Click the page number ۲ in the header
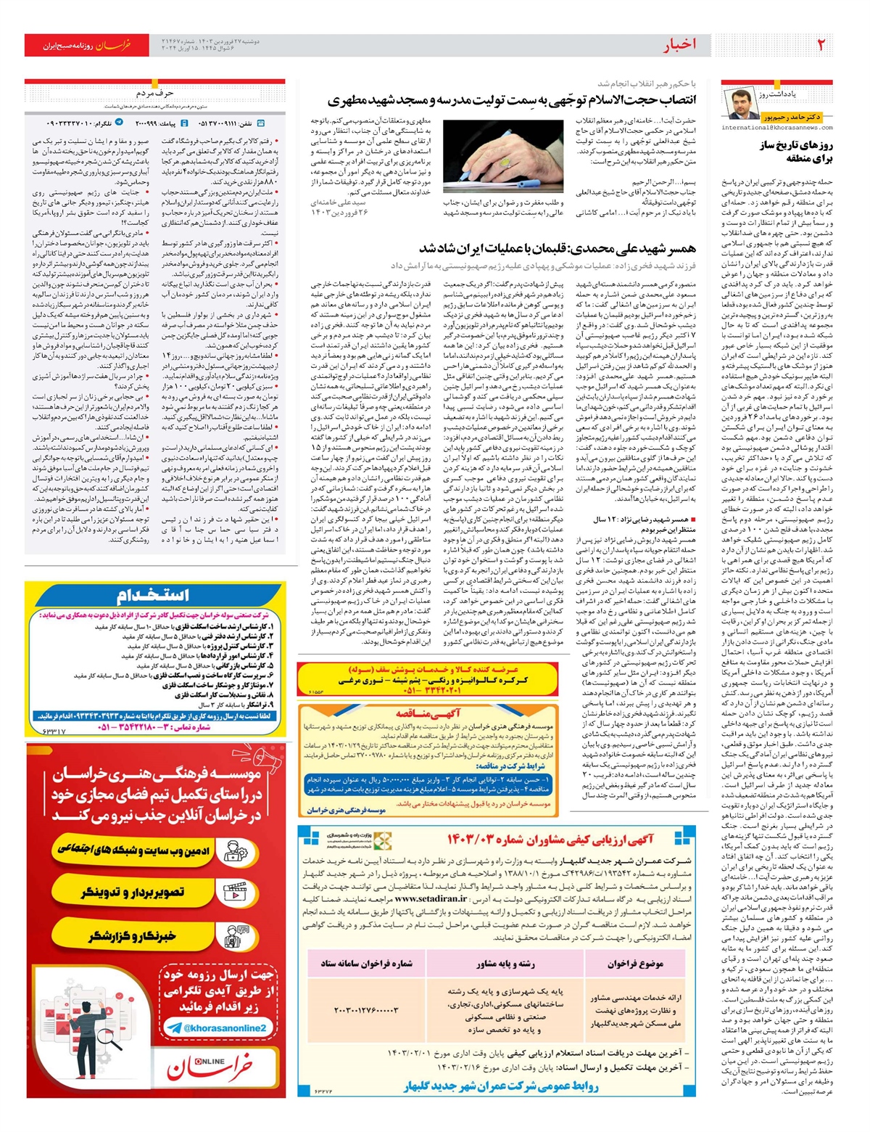[821, 45]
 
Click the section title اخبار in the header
[679, 45]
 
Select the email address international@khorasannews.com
[776, 128]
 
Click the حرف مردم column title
[155, 93]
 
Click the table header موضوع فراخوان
[635, 964]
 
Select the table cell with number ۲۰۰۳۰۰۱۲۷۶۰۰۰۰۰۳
[366, 1009]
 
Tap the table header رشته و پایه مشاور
[505, 964]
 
